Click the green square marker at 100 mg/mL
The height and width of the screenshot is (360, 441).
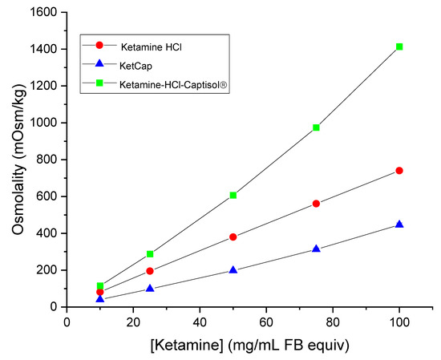coord(399,47)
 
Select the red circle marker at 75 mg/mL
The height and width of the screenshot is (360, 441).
coord(317,204)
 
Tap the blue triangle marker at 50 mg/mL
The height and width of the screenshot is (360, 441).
coord(233,270)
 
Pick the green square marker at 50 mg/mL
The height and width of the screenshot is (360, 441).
coord(233,196)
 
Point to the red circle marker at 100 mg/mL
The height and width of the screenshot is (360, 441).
coord(399,171)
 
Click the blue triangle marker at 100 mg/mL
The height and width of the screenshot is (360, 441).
coord(399,224)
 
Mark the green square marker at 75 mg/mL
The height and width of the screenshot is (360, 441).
coord(317,127)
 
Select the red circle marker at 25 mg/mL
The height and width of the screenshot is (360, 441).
coord(150,271)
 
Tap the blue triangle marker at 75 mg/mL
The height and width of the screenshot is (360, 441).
coord(317,249)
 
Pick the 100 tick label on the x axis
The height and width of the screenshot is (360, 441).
coord(399,322)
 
